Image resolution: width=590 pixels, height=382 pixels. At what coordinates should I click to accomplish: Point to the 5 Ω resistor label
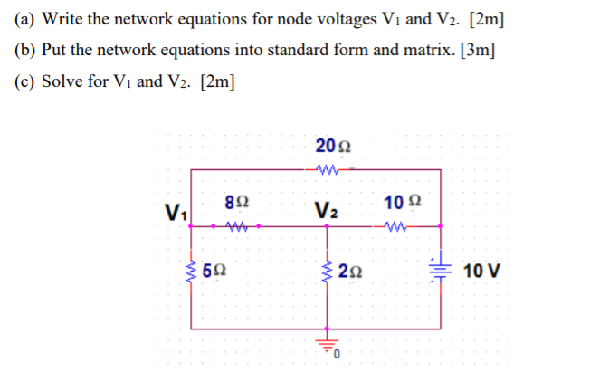pos(215,271)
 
